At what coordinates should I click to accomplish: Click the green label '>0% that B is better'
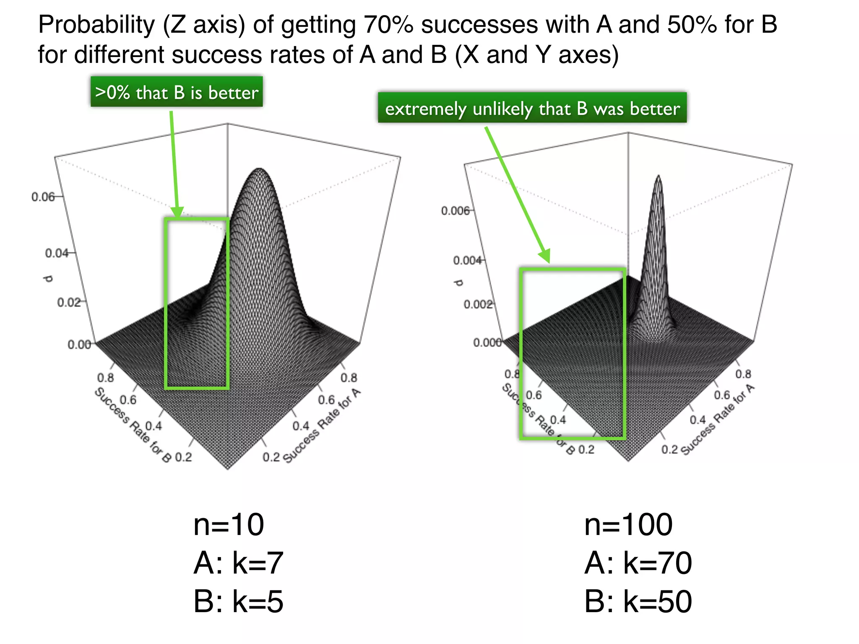coord(177,92)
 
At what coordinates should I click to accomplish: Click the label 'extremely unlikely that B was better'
coord(532,108)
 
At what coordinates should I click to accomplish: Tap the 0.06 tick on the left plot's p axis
coord(43,197)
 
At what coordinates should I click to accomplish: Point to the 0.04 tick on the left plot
coord(57,253)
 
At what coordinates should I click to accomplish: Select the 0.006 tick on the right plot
coord(455,210)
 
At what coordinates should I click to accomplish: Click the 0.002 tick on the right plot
coord(478,304)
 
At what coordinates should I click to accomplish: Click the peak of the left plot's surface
coord(260,169)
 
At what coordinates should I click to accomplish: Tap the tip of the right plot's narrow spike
coord(659,177)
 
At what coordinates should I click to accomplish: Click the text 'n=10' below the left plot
coord(229,525)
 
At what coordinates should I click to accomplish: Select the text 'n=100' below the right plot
coord(628,525)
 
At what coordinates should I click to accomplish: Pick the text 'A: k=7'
coord(238,563)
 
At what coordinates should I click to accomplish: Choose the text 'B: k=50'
coord(638,601)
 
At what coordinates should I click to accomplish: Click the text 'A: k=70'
coord(638,563)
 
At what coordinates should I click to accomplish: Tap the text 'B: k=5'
coord(238,601)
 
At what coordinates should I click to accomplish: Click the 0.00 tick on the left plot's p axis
coord(79,345)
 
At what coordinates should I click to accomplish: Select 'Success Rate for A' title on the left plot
coord(322,426)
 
